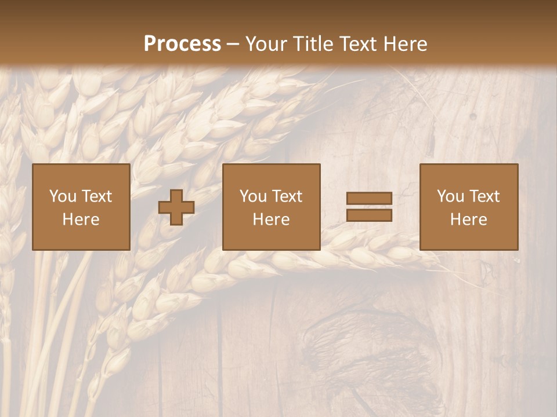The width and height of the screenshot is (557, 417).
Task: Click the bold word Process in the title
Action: point(182,44)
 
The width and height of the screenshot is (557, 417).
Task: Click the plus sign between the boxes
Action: point(176,207)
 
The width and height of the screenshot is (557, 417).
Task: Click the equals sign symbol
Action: point(369,207)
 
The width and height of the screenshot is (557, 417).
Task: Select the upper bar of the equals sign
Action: point(369,199)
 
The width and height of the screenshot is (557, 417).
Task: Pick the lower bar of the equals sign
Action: point(369,215)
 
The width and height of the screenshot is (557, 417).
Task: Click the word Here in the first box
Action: point(81,220)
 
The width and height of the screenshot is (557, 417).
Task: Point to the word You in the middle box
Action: point(253,196)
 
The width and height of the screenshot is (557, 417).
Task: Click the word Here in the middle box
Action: point(272,220)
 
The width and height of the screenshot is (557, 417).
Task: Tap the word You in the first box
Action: point(63,196)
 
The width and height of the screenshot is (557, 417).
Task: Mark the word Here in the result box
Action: point(469,220)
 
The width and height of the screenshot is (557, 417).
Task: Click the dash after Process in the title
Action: point(233,44)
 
